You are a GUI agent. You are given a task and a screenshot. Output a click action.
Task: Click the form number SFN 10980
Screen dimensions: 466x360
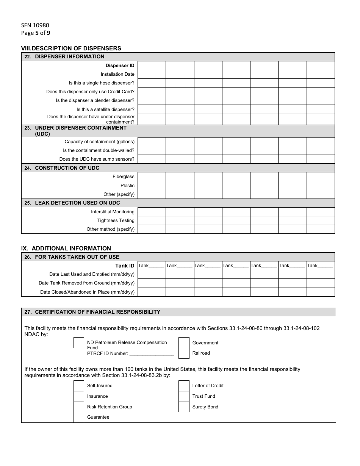pyautogui.click(x=35, y=25)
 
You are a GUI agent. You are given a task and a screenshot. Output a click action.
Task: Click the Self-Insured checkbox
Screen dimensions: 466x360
pyautogui.click(x=78, y=386)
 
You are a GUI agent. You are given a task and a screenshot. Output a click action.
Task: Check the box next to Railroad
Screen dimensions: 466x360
pyautogui.click(x=184, y=353)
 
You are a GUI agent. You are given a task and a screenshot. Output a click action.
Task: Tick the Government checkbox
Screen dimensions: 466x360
pyautogui.click(x=184, y=343)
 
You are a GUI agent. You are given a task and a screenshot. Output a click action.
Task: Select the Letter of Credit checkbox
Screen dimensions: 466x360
pyautogui.click(x=184, y=386)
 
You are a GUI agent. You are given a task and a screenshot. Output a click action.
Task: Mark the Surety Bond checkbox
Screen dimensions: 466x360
pyautogui.click(x=184, y=407)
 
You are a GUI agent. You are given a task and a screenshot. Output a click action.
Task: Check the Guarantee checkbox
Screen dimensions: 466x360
pyautogui.click(x=78, y=417)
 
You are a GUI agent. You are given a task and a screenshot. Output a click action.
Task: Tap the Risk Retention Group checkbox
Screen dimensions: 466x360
pyautogui.click(x=78, y=407)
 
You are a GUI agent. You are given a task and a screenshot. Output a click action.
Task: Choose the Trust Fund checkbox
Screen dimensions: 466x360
pyautogui.click(x=184, y=396)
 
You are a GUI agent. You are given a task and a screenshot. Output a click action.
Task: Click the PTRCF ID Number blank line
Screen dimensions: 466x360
pyautogui.click(x=151, y=354)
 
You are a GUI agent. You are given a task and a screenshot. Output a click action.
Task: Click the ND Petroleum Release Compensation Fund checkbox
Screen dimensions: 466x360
pyautogui.click(x=78, y=343)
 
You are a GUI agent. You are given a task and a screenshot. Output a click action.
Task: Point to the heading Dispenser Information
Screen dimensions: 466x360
pyautogui.click(x=69, y=57)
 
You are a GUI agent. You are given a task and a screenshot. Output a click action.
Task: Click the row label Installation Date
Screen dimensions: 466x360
pyautogui.click(x=117, y=74)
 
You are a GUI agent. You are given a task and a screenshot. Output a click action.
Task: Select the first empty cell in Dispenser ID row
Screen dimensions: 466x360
pyautogui.click(x=152, y=66)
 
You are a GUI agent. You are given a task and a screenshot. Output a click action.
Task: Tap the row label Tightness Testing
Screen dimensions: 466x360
pyautogui.click(x=116, y=220)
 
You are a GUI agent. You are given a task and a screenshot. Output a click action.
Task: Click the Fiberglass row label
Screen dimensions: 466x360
pyautogui.click(x=123, y=177)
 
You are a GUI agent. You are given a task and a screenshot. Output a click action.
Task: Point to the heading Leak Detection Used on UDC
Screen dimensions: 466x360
pyautogui.click(x=77, y=203)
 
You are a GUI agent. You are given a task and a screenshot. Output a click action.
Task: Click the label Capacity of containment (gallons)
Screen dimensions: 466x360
pyautogui.click(x=99, y=142)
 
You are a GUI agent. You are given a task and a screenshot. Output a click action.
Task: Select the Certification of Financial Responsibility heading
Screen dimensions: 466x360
pyautogui.click(x=97, y=312)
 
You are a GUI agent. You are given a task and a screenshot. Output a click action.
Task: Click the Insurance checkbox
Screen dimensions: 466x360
pyautogui.click(x=78, y=396)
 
